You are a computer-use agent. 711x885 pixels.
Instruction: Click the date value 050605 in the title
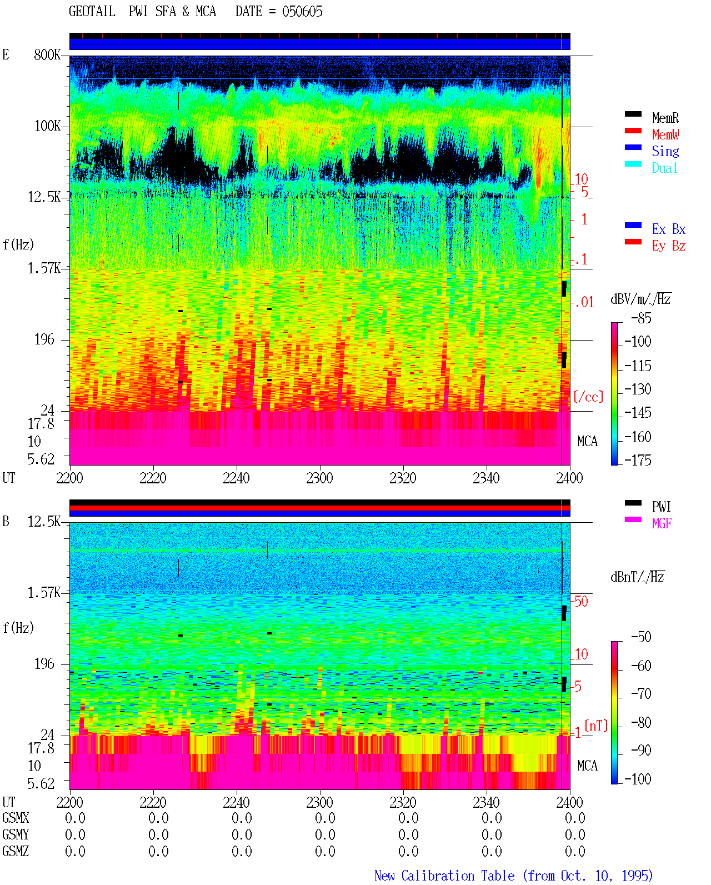pyautogui.click(x=302, y=12)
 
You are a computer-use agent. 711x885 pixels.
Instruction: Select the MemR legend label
pyautogui.click(x=665, y=118)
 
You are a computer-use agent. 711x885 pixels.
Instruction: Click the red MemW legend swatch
pyautogui.click(x=633, y=131)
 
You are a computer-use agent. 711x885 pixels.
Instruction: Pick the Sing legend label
pyautogui.click(x=665, y=151)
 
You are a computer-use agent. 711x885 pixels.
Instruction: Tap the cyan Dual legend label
pyautogui.click(x=665, y=168)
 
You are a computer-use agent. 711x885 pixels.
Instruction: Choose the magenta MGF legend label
pyautogui.click(x=662, y=523)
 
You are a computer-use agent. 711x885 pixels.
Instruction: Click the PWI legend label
pyautogui.click(x=661, y=507)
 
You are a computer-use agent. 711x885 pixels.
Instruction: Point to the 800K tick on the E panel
pyautogui.click(x=47, y=54)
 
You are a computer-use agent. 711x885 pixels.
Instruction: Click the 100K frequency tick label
pyautogui.click(x=47, y=126)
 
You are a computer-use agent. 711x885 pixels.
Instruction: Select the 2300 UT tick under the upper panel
pyautogui.click(x=319, y=478)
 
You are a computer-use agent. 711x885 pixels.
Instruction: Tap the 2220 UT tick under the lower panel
pyautogui.click(x=153, y=802)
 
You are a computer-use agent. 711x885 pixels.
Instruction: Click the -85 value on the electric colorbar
pyautogui.click(x=641, y=318)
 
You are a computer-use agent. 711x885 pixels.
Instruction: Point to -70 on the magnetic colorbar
pyautogui.click(x=641, y=694)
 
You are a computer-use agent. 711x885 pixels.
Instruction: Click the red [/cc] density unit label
pyautogui.click(x=588, y=397)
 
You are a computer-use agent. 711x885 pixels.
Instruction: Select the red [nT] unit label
pyautogui.click(x=596, y=725)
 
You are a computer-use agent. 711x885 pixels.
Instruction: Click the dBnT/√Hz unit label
pyautogui.click(x=637, y=577)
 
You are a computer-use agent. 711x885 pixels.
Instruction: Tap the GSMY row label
pyautogui.click(x=16, y=834)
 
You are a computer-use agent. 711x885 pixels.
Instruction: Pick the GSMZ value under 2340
pyautogui.click(x=492, y=851)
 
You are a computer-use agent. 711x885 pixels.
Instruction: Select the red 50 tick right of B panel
pyautogui.click(x=581, y=601)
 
